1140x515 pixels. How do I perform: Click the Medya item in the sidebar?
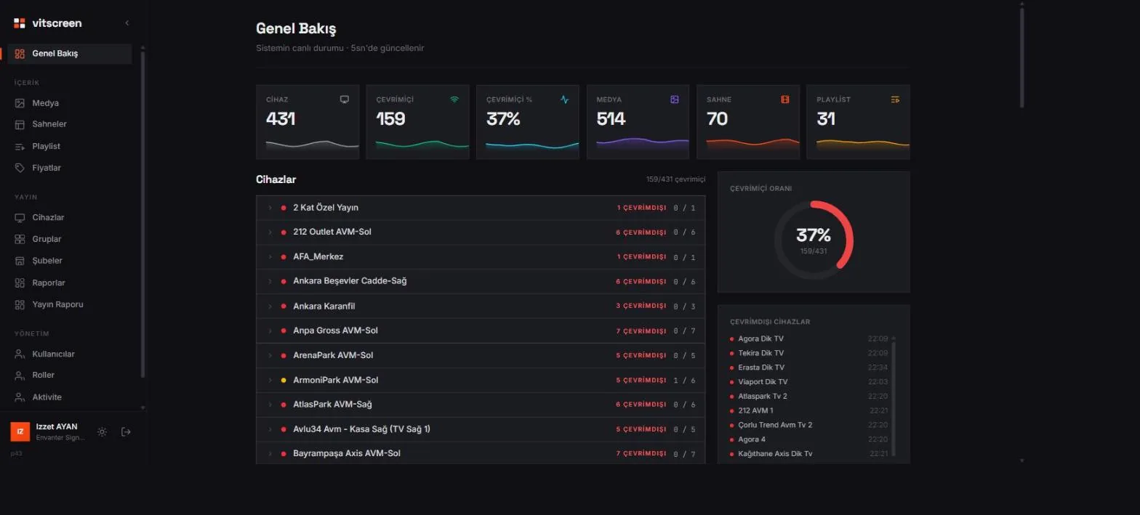[x=45, y=103]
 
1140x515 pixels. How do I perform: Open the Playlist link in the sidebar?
[x=46, y=147]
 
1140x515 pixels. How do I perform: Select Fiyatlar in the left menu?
[x=47, y=168]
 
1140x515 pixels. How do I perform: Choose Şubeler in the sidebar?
[x=47, y=261]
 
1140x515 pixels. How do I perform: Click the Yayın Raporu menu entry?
[x=57, y=304]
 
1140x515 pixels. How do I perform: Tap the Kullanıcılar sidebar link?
[x=53, y=354]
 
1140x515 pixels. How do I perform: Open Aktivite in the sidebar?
[x=47, y=397]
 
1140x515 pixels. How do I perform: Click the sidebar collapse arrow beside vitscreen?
[x=127, y=23]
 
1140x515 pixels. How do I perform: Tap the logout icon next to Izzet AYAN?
[x=126, y=432]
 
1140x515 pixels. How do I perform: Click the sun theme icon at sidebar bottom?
[x=102, y=432]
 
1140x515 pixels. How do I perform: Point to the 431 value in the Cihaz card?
[x=281, y=119]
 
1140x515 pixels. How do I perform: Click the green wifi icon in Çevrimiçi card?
[x=454, y=100]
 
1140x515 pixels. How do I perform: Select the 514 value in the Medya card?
[x=611, y=119]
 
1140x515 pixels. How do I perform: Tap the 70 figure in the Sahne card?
[x=717, y=119]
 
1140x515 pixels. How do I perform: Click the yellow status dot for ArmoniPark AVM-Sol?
[x=284, y=381]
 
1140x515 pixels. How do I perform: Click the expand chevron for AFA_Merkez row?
[x=270, y=256]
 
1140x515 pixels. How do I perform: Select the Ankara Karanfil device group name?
[x=324, y=306]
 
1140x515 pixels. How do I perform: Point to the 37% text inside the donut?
[x=814, y=235]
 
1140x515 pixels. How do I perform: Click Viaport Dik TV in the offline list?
[x=763, y=382]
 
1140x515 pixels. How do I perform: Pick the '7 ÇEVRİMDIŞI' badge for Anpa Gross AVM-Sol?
[x=641, y=331]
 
